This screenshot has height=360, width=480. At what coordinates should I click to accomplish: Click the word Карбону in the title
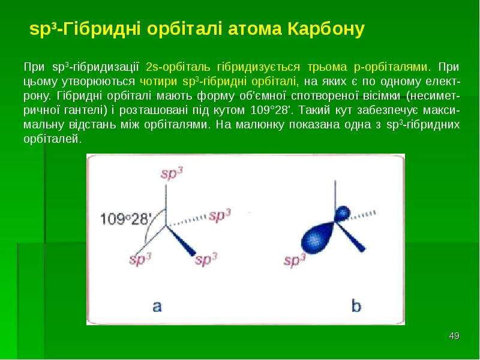click(326, 29)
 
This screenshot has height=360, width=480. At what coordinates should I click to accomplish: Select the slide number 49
click(454, 336)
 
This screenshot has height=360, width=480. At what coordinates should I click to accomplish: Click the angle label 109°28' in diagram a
click(126, 219)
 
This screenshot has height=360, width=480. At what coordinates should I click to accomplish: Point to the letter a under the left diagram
click(157, 306)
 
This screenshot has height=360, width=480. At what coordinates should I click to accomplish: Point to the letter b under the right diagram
click(356, 306)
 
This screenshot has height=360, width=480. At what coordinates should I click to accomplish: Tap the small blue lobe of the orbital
click(342, 213)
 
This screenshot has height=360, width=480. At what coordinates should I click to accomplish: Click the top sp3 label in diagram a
click(172, 173)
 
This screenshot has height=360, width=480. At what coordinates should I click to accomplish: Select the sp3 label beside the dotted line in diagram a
click(220, 215)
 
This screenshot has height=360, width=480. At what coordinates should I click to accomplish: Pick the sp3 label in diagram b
click(295, 260)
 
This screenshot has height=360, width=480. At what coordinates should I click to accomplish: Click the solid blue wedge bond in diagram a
click(181, 241)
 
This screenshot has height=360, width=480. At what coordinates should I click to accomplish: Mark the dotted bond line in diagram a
click(187, 221)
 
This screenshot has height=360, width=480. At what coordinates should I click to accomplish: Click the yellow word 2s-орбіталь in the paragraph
click(178, 67)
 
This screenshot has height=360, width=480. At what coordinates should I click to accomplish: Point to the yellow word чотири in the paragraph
click(158, 82)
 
